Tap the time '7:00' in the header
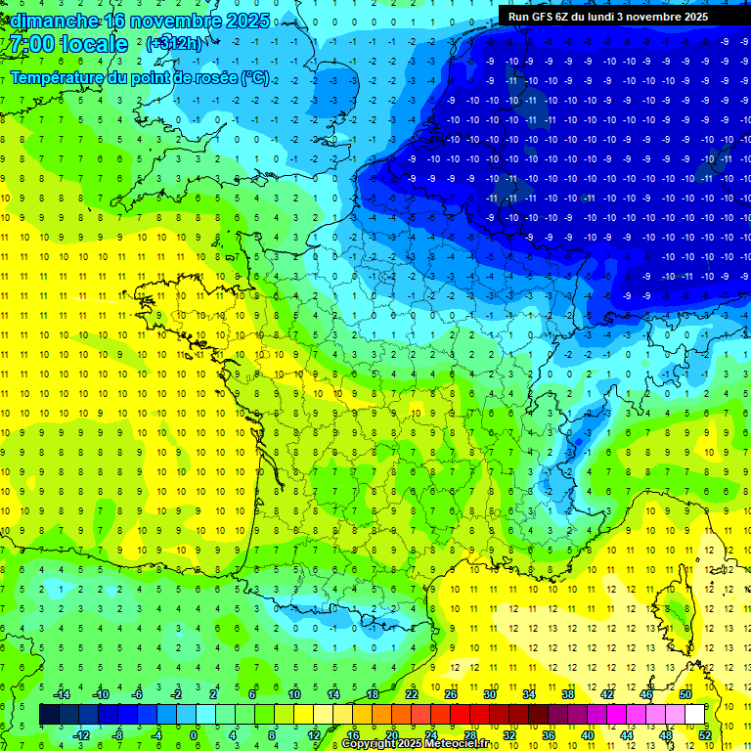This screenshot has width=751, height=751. (x=29, y=44)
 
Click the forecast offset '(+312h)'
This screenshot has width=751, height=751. (x=174, y=44)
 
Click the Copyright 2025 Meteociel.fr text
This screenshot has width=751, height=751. (x=416, y=744)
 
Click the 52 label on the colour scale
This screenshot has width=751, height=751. (x=705, y=734)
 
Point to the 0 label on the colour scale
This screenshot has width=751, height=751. (x=195, y=734)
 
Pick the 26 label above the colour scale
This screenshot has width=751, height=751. (x=451, y=693)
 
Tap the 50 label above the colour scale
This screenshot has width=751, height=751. (x=685, y=693)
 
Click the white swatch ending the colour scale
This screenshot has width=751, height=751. (x=694, y=714)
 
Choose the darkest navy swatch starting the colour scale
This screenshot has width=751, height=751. (x=49, y=714)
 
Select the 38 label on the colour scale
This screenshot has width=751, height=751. (x=567, y=693)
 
